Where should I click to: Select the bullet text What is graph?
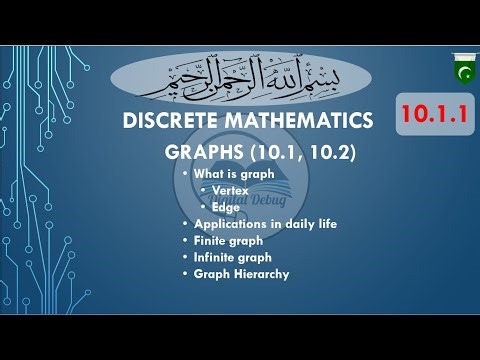tap(233, 174)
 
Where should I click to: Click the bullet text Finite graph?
tap(228, 240)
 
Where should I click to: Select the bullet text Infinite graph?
tap(232, 257)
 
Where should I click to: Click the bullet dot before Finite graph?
tap(184, 240)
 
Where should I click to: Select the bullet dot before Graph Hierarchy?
tap(184, 273)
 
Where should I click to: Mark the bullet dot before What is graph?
tap(184, 174)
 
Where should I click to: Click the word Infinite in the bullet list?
tap(215, 257)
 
